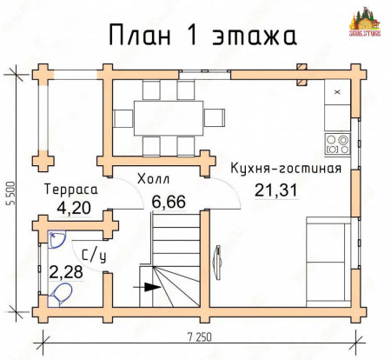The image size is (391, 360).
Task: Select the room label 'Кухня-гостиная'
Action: pos(284,168)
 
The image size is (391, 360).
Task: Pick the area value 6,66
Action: pos(168,202)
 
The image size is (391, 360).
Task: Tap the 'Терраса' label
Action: pos(70,188)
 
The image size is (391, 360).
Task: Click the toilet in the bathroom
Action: pos(61,297)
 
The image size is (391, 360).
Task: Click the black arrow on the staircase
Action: pos(151,286)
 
